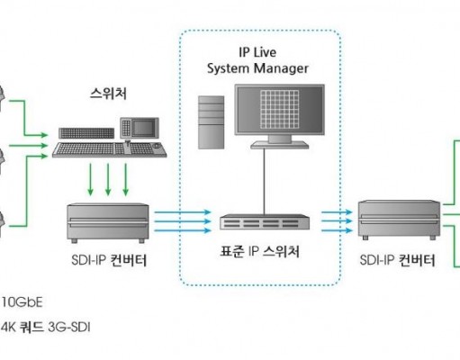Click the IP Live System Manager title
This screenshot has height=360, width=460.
tap(257, 60)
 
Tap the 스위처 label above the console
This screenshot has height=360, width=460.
tap(108, 94)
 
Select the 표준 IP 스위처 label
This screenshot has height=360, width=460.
tap(260, 251)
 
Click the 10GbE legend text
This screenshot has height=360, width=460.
tap(22, 302)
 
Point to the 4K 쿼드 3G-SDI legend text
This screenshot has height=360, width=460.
tap(45, 327)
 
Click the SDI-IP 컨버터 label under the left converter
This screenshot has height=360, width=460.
tap(109, 260)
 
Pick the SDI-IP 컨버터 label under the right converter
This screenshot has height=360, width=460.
tap(397, 260)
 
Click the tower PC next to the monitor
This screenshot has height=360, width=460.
tap(212, 122)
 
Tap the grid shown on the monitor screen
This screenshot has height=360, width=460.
tap(280, 109)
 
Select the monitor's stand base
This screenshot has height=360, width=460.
tap(280, 145)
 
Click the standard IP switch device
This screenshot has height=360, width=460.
tap(265, 222)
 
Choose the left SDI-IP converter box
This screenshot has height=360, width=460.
tap(108, 223)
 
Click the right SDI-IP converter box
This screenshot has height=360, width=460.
tap(400, 220)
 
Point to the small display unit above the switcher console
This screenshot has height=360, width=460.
tap(140, 128)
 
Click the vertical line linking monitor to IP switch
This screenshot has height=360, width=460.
tap(265, 182)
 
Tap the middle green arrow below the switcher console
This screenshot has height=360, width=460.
tap(108, 180)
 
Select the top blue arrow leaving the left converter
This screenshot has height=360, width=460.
tap(183, 212)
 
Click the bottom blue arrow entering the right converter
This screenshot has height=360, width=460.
tap(337, 230)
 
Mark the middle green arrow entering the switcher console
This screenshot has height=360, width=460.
tap(29, 146)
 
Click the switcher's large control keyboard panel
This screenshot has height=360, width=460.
tap(110, 149)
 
